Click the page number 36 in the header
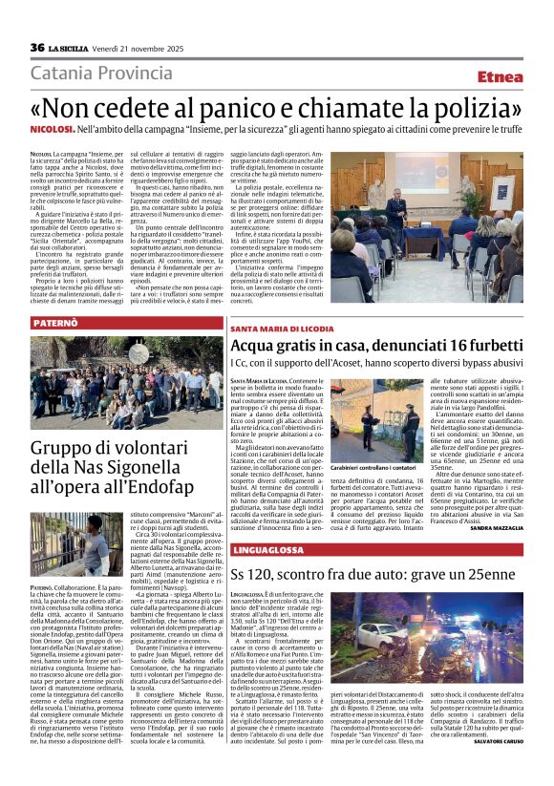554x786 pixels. (x=37, y=48)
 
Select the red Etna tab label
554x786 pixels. (x=500, y=76)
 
